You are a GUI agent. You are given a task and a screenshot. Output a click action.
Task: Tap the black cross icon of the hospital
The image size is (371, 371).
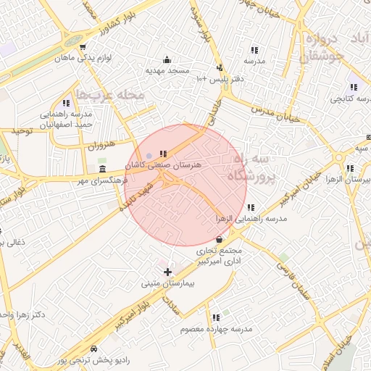pyautogui.click(x=167, y=272)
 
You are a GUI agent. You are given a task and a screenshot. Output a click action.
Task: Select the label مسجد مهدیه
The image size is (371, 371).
pyautogui.click(x=167, y=72)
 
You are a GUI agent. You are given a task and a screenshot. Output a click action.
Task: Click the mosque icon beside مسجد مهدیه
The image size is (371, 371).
pyautogui.click(x=167, y=59)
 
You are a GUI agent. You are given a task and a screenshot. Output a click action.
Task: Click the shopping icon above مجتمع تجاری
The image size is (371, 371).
pyautogui.click(x=220, y=238)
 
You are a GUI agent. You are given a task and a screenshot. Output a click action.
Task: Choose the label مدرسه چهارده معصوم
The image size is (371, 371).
pyautogui.click(x=220, y=329)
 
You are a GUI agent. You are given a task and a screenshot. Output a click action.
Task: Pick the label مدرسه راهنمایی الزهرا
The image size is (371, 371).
pyautogui.click(x=251, y=218)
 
